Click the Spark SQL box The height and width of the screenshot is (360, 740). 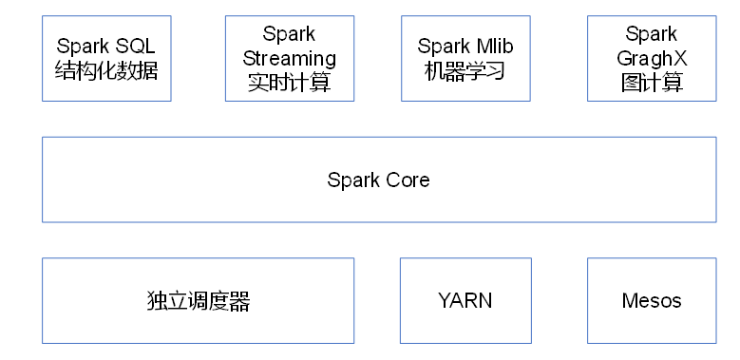tap(106, 58)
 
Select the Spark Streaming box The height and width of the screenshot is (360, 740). tap(290, 58)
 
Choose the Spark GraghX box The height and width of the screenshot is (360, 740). tap(652, 58)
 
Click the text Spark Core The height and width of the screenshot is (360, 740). tap(378, 180)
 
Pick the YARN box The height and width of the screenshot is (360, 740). tap(465, 300)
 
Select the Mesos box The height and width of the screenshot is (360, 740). tap(652, 300)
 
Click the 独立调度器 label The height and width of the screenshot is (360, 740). tap(199, 302)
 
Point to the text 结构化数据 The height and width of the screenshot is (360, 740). tap(106, 70)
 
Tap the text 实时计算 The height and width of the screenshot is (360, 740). tap(290, 83)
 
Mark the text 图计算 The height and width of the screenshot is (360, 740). tap(652, 83)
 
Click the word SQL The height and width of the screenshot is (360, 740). tap(134, 47)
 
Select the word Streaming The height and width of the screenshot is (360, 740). tap(290, 58)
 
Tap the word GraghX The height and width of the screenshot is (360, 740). tap(652, 58)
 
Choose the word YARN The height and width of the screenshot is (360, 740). tap(465, 301)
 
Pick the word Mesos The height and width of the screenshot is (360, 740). tap(652, 301)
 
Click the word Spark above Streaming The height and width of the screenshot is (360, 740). tap(290, 35)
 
